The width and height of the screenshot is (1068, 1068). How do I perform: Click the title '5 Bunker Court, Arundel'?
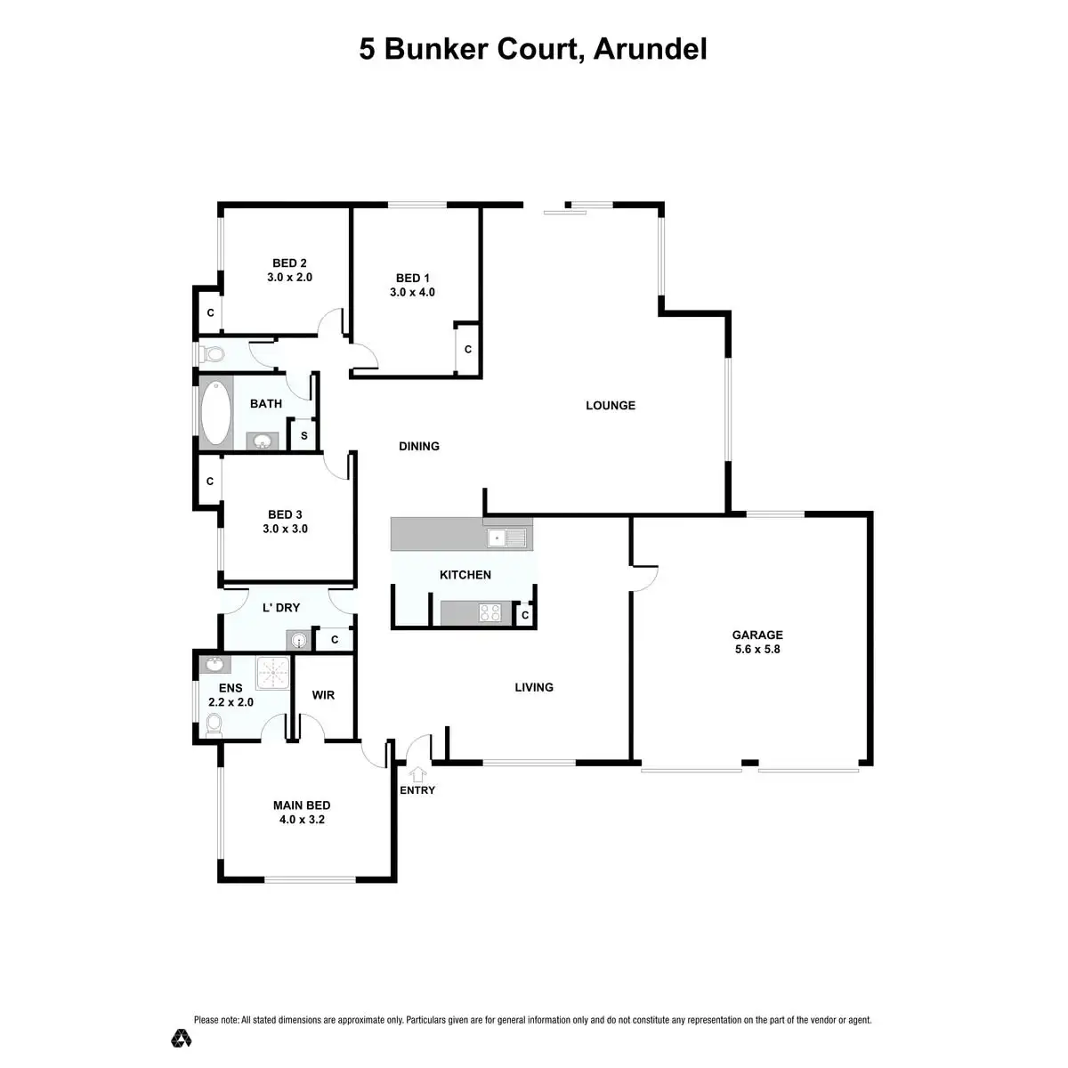click(x=533, y=49)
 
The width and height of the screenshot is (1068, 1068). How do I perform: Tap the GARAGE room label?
click(x=757, y=635)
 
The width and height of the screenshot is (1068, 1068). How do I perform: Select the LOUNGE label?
click(x=611, y=406)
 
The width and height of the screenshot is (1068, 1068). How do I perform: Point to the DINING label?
click(x=419, y=447)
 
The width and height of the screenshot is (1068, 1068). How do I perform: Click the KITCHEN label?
click(x=465, y=575)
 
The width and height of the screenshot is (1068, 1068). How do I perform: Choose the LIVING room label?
click(x=534, y=687)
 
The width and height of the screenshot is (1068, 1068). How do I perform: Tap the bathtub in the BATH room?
click(x=214, y=413)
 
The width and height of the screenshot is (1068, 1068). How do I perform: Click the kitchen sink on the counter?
click(x=506, y=537)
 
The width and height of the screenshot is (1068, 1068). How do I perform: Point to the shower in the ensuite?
click(x=273, y=673)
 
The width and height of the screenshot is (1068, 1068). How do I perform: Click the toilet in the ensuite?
click(x=212, y=727)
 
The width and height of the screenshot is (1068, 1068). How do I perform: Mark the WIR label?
click(x=323, y=694)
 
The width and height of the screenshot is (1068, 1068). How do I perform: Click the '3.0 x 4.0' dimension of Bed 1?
click(x=412, y=292)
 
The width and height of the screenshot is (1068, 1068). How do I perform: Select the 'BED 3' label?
click(x=285, y=514)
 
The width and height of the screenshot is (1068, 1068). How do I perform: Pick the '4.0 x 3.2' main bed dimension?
click(x=302, y=820)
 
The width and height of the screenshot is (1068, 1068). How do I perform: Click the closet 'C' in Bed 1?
click(x=467, y=350)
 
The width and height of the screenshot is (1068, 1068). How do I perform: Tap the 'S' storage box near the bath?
click(x=303, y=436)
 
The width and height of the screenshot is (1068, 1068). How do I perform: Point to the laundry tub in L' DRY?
click(x=296, y=640)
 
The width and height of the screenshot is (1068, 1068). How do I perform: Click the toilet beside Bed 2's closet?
click(x=213, y=353)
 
